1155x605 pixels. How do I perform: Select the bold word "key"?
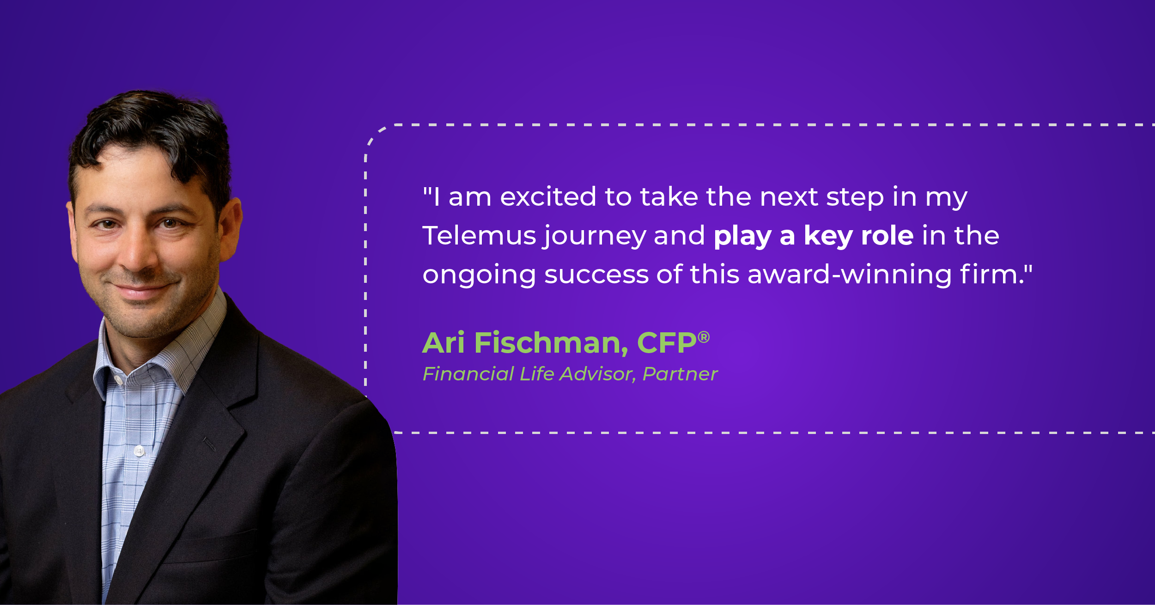(x=828, y=236)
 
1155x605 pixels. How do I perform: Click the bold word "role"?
(x=888, y=236)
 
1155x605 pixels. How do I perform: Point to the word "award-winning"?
(x=849, y=275)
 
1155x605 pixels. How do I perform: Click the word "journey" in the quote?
(x=594, y=237)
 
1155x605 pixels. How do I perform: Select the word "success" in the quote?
(x=596, y=275)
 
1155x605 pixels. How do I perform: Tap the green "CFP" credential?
(x=666, y=343)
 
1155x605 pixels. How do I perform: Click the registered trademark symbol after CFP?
(x=704, y=337)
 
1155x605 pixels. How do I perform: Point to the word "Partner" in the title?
(x=680, y=374)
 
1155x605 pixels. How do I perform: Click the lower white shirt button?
(x=139, y=450)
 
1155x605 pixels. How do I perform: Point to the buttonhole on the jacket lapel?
(x=209, y=444)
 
